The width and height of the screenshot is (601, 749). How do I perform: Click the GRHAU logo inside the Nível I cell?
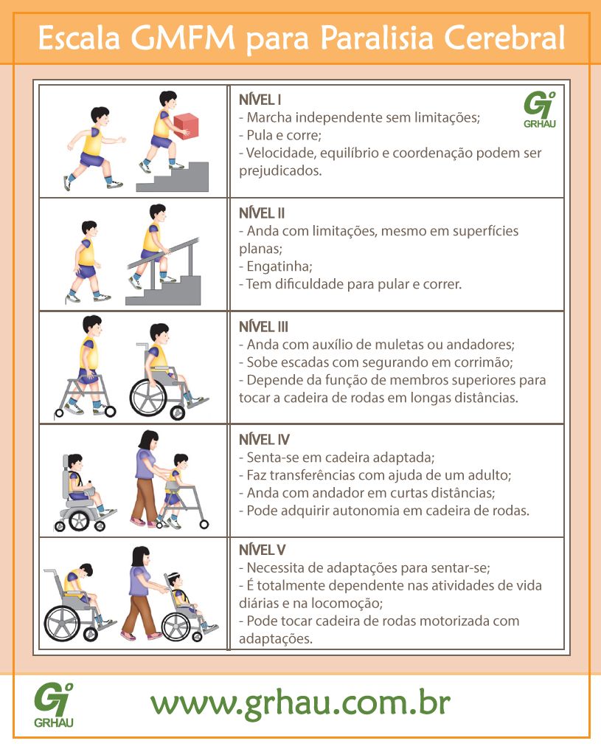(x=539, y=110)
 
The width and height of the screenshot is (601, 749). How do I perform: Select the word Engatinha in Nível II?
(x=279, y=266)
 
